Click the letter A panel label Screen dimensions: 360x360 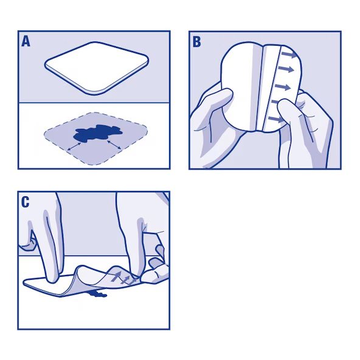point(26,41)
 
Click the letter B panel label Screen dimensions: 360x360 point(196,41)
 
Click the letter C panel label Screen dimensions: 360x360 point(26,202)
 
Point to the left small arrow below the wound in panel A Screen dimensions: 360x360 point(75,147)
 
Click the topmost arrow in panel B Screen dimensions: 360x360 point(289,57)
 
